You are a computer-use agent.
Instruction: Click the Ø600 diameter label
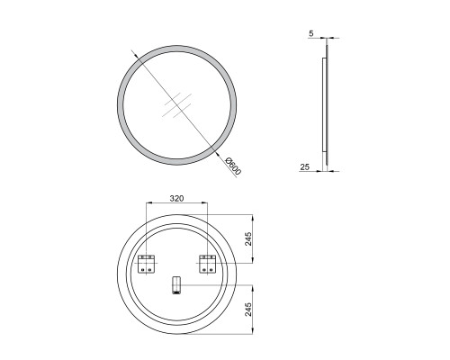(233, 166)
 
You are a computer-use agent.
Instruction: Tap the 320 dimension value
(176, 198)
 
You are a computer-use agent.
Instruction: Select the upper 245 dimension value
(248, 238)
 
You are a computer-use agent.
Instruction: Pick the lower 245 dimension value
(248, 309)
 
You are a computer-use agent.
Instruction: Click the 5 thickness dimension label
(311, 33)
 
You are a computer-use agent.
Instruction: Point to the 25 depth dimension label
(304, 166)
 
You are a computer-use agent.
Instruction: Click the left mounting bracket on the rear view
(146, 264)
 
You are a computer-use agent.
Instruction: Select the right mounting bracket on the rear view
(207, 264)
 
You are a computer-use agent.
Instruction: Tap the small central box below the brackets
(175, 285)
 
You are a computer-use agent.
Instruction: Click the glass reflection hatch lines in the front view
(176, 104)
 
